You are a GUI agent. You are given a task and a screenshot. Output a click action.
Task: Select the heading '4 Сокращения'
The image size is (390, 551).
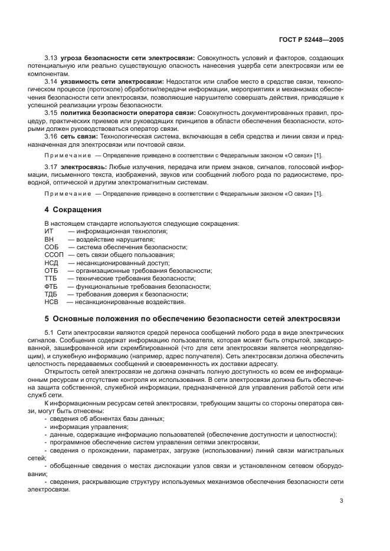(x=73, y=210)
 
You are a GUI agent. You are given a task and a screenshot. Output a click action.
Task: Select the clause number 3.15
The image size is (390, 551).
(x=51, y=112)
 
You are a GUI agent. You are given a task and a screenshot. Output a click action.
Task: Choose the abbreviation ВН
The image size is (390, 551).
(x=49, y=239)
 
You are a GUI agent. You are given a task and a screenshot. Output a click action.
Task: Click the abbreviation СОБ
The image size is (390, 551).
(x=51, y=248)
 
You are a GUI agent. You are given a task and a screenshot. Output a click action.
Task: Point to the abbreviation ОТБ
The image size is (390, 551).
(x=51, y=270)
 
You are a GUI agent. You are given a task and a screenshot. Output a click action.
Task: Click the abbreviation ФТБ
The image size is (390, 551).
(x=51, y=286)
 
